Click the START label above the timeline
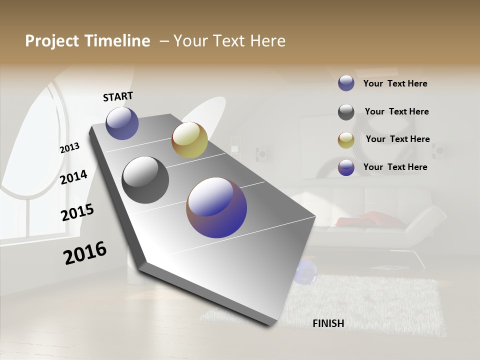click(x=118, y=96)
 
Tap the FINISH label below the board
click(x=328, y=323)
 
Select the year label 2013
click(x=69, y=148)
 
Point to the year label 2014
click(x=73, y=177)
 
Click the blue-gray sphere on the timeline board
click(x=122, y=123)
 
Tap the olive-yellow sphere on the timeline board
click(x=189, y=140)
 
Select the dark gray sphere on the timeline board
click(x=145, y=180)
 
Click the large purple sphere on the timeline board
click(x=216, y=207)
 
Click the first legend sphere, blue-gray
click(x=346, y=83)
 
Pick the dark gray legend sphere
click(x=346, y=112)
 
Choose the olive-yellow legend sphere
click(x=346, y=139)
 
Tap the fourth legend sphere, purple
click(x=346, y=167)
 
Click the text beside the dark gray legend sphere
click(x=396, y=111)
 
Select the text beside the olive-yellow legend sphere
click(x=397, y=139)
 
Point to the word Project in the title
click(x=51, y=41)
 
